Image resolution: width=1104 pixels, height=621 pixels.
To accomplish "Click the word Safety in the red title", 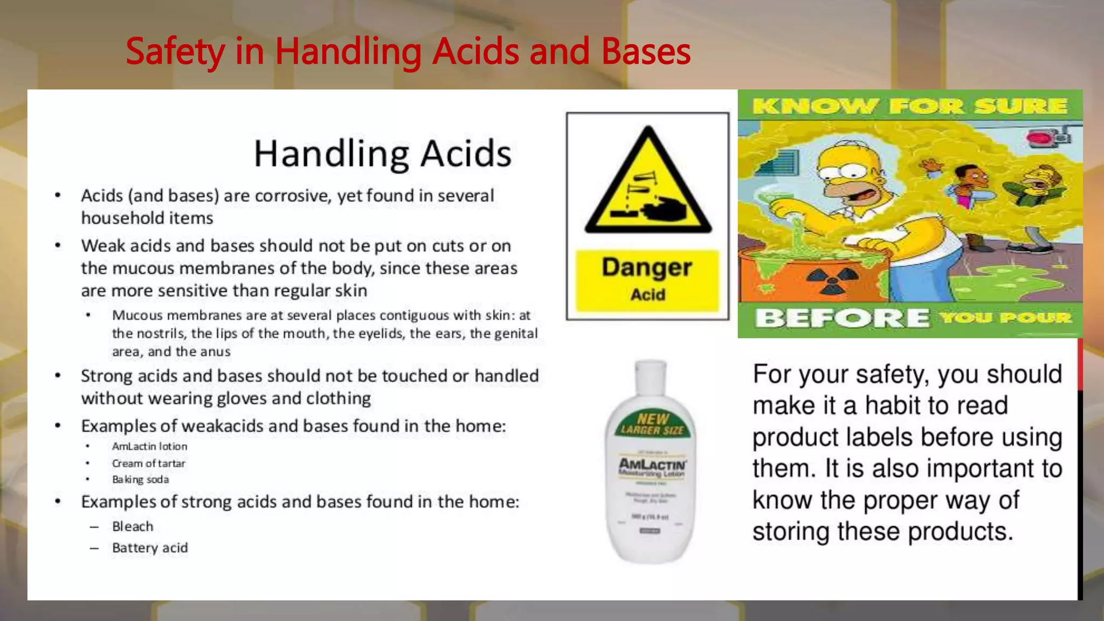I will [175, 52].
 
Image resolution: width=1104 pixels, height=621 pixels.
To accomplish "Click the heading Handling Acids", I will [382, 154].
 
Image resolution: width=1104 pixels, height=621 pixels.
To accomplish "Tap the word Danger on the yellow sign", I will [647, 267].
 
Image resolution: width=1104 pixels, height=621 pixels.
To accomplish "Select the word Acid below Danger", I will [648, 295].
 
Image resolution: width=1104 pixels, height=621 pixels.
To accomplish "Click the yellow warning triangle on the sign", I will [648, 183].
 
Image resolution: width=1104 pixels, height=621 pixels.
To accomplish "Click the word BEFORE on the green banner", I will [841, 318].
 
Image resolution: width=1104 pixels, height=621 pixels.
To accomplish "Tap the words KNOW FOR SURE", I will [909, 106].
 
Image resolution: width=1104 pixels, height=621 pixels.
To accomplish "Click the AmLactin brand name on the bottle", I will [652, 464].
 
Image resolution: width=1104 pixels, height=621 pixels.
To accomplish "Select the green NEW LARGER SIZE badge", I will [652, 424].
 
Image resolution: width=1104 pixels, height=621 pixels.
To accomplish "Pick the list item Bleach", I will [133, 526].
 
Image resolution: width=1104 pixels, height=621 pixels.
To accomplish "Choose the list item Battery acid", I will [150, 548].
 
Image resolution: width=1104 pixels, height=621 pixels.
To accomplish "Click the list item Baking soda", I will [140, 479].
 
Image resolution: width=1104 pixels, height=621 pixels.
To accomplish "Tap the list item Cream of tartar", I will [148, 463].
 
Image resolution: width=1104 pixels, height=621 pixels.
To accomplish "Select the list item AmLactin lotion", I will [149, 446].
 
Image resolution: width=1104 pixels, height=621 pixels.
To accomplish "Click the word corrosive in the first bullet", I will [292, 196].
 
